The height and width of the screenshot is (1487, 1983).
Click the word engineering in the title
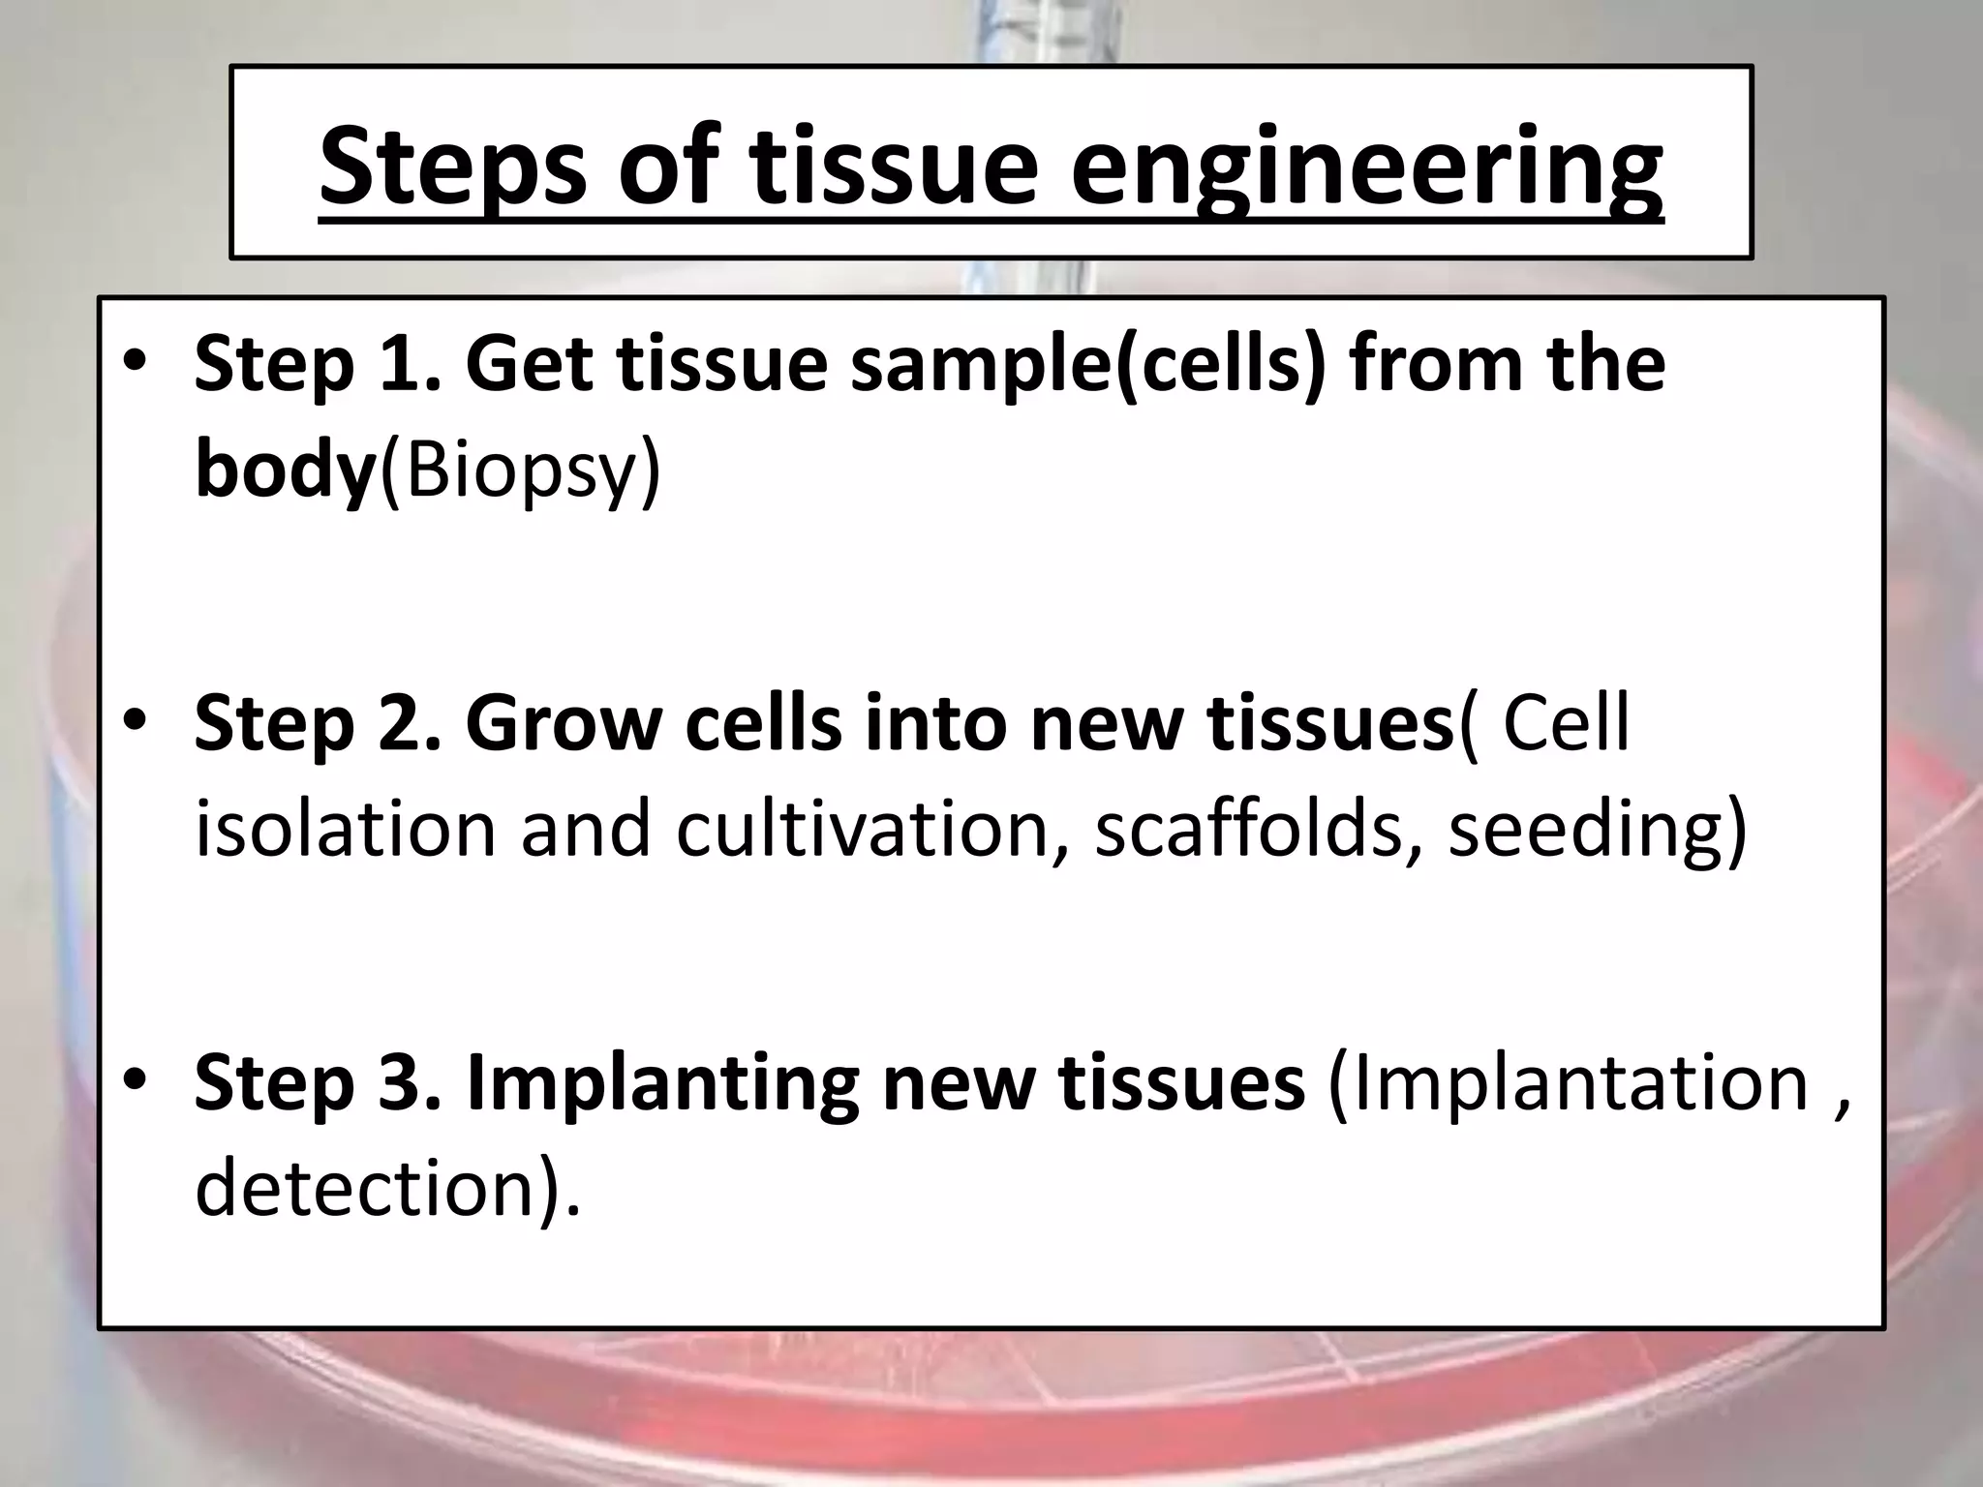pyautogui.click(x=1365, y=167)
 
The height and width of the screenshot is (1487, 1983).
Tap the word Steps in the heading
pyautogui.click(x=452, y=167)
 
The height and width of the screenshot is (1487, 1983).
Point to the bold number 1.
pyautogui.click(x=403, y=365)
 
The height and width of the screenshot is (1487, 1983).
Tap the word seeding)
pyautogui.click(x=1598, y=830)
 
